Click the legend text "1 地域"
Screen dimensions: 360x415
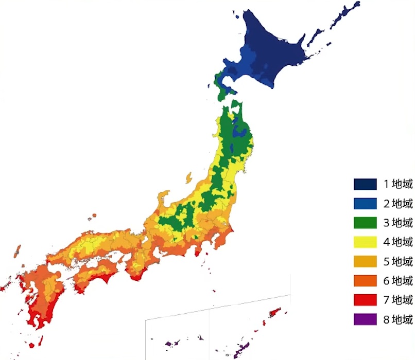click(398, 184)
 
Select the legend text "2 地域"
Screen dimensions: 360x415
click(398, 203)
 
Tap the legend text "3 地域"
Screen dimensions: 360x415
click(398, 223)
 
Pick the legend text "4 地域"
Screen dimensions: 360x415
click(398, 242)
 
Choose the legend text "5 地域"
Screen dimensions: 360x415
click(398, 261)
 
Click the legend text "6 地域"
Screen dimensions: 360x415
click(398, 280)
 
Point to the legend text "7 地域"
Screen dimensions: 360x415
click(398, 300)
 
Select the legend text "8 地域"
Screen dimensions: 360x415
click(398, 319)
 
